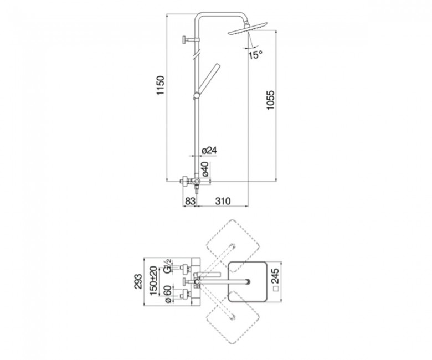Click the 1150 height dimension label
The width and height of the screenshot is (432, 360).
[x=161, y=85]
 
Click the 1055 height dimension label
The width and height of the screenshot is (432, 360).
[x=270, y=100]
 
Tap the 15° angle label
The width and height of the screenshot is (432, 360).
[x=255, y=55]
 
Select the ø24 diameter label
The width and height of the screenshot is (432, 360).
[x=209, y=151]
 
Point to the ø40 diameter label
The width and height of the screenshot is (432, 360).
[x=206, y=169]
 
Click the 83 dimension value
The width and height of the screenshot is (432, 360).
[x=190, y=201]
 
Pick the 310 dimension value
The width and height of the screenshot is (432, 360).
[x=223, y=201]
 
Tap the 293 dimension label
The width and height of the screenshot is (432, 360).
[x=138, y=281]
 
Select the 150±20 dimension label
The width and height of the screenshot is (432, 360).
[x=155, y=281]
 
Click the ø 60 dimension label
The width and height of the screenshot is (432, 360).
[x=168, y=294]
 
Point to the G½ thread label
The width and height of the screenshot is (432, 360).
[x=167, y=266]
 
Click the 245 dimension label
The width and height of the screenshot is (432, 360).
[x=275, y=276]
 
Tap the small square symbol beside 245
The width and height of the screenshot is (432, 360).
[x=276, y=289]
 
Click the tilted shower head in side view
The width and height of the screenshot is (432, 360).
[x=248, y=29]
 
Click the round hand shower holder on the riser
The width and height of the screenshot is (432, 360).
[x=197, y=95]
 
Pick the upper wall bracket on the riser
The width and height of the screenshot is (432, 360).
[x=190, y=40]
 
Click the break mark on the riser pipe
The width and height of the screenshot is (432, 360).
[x=196, y=54]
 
